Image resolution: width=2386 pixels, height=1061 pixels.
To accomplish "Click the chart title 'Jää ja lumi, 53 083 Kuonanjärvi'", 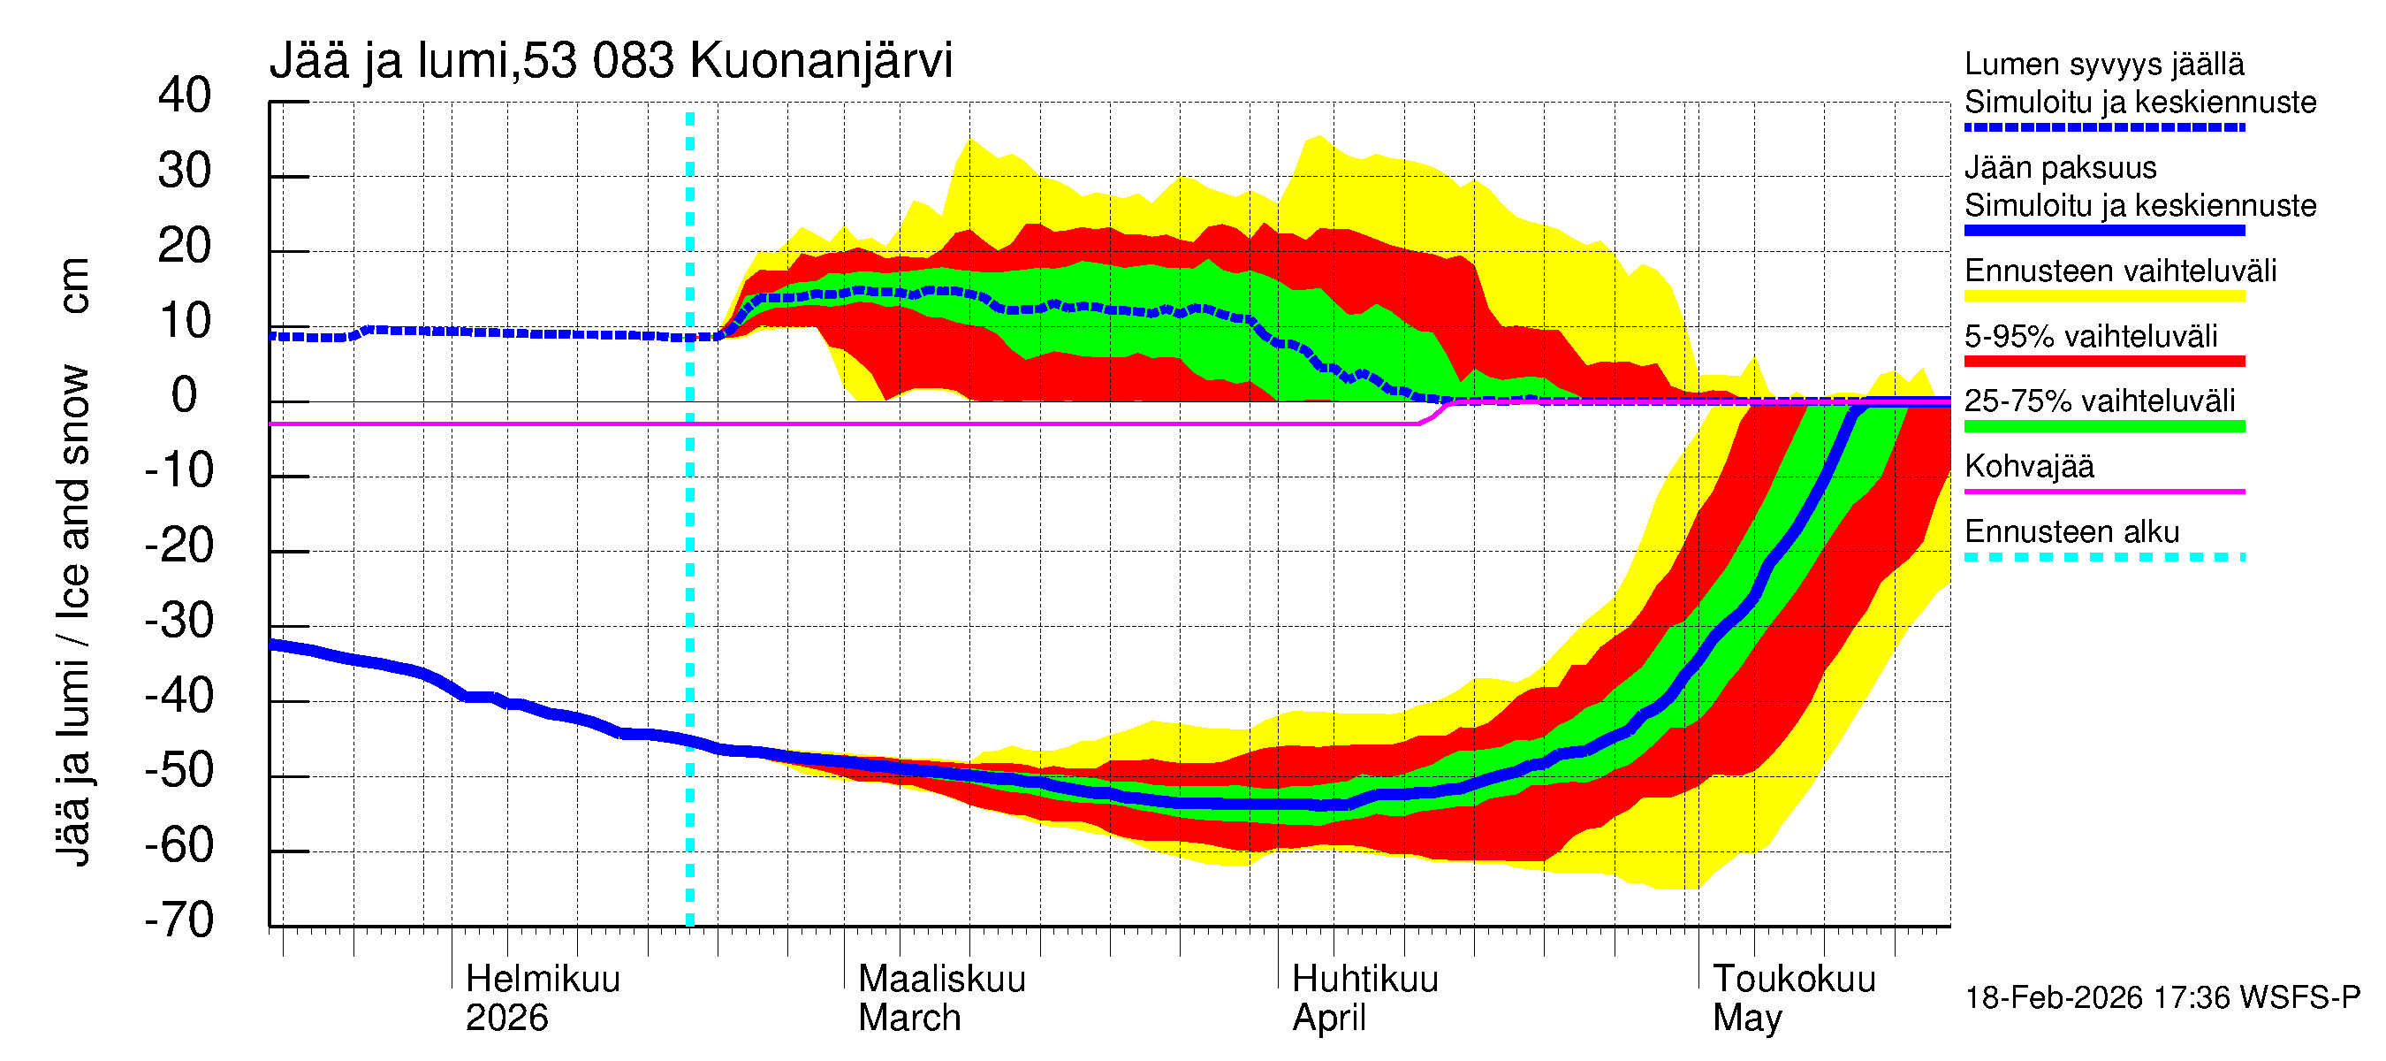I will (x=611, y=61).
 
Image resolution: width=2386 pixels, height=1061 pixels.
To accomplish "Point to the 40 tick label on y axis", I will (x=185, y=95).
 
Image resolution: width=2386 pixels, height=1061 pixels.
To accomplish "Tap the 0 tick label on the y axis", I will (x=185, y=396).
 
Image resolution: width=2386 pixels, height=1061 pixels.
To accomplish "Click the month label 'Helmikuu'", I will (x=543, y=979).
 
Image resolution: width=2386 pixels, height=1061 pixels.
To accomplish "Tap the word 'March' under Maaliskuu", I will (x=908, y=1018).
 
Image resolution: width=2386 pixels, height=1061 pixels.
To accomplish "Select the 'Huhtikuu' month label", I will (x=1364, y=979).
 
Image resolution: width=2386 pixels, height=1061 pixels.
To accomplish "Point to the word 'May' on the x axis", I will (x=1746, y=1018).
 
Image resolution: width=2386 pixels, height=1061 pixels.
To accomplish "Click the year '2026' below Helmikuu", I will (x=506, y=1018).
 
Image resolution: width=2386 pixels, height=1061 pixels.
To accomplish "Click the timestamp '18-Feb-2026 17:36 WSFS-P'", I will (x=2162, y=997).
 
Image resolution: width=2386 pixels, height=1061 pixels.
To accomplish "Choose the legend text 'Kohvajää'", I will (x=2028, y=466).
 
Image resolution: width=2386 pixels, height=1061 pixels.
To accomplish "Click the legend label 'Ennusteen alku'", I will (x=2071, y=532).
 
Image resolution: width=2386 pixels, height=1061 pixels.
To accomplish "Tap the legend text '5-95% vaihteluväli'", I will (x=2091, y=336).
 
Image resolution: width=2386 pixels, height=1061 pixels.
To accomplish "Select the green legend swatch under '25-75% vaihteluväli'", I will (x=2103, y=426).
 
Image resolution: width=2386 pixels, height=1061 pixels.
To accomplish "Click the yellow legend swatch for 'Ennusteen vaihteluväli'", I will (x=2103, y=296).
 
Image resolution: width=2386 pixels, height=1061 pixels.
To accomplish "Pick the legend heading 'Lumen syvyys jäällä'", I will (x=2103, y=64).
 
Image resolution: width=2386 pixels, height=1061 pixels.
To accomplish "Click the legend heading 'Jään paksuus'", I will (x=2060, y=168).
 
